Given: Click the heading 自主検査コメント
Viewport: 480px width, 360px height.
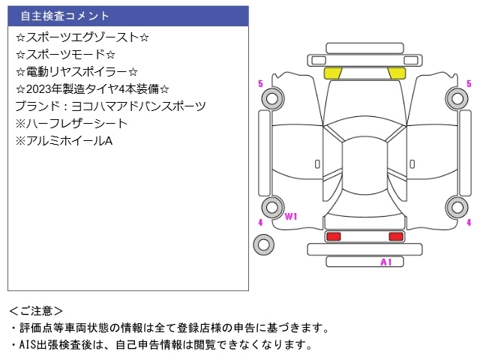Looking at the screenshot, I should (64, 16).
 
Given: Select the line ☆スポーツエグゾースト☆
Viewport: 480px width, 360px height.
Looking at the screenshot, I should (82, 37).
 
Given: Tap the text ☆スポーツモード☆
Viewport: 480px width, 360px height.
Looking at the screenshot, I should (65, 54).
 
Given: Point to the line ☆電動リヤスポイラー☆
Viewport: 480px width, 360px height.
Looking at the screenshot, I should (76, 71).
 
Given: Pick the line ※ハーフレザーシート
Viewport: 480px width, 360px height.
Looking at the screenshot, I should (71, 123).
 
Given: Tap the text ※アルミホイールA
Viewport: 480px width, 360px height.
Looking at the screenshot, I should (64, 140).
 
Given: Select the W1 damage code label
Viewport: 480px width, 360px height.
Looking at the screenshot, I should (291, 217).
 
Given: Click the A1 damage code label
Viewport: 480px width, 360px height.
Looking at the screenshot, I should (386, 262).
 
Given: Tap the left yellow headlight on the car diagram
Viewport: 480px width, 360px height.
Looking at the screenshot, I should (333, 73).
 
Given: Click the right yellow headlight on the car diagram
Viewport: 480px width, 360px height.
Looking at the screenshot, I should (396, 73).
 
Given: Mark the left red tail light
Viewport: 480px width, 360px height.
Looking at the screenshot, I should (333, 236).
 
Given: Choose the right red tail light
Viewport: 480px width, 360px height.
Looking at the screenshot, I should (396, 236).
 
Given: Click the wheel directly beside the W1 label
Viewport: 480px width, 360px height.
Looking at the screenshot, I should (272, 208).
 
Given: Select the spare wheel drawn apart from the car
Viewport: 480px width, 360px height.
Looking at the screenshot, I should (263, 244).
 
